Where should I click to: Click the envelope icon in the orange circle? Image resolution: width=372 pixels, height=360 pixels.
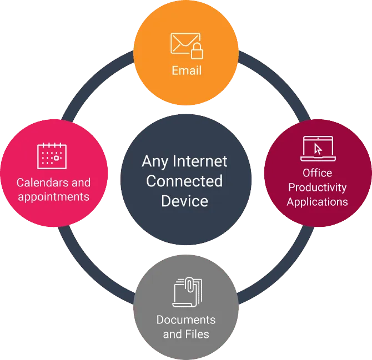184,44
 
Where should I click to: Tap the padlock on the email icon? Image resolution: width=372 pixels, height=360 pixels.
197,52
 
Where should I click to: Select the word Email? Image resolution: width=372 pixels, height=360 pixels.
186,70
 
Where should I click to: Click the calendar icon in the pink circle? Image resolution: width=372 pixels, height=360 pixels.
52,155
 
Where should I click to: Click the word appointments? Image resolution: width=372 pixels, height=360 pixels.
53,196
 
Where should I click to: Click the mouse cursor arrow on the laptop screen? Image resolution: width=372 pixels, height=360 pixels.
318,149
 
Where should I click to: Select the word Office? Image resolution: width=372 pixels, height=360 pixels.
318,173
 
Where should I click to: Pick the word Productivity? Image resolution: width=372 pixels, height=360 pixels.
318,187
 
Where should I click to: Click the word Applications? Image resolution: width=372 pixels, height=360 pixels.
318,201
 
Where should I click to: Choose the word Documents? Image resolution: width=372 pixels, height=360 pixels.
186,320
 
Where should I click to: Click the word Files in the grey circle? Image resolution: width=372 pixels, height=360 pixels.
197,334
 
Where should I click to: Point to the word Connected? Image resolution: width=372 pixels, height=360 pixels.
184,181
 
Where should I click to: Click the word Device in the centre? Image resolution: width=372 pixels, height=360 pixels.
184,200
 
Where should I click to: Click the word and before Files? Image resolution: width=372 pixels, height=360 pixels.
172,334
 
